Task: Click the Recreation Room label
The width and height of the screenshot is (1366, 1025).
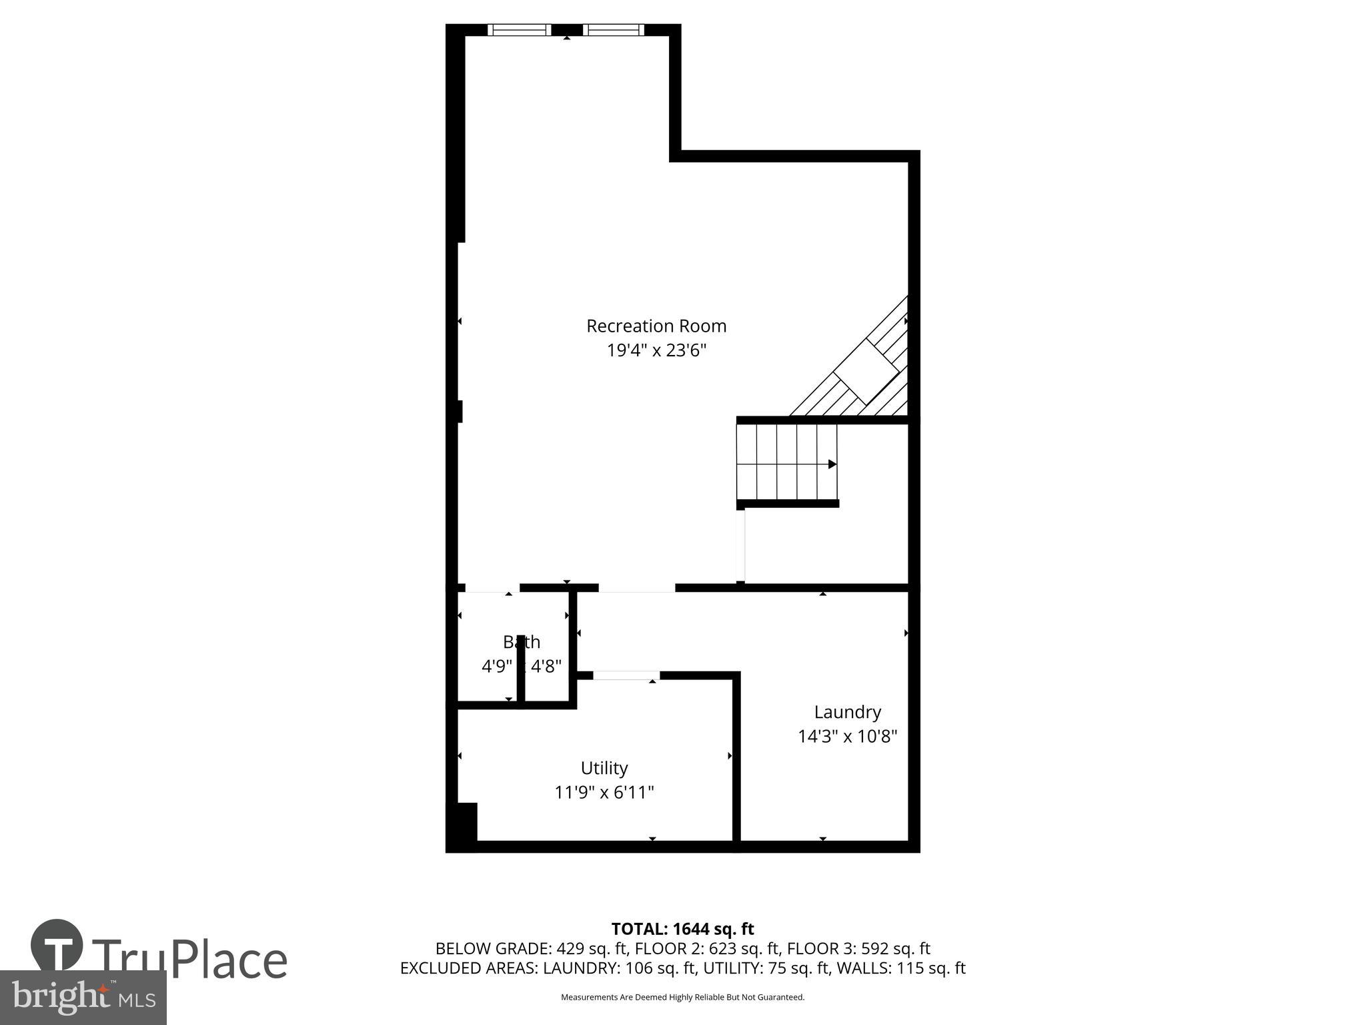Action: [656, 326]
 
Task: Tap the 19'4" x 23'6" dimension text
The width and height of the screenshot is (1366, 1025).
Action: [656, 350]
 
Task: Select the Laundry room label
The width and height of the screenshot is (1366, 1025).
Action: [847, 712]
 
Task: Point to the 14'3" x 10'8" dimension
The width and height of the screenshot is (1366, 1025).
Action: [847, 737]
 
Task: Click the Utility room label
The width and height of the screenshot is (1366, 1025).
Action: [604, 768]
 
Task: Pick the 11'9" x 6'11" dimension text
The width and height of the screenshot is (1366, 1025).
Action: [604, 793]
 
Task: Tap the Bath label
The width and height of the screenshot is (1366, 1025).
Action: [522, 642]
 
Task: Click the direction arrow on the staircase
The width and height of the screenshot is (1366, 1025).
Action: [832, 464]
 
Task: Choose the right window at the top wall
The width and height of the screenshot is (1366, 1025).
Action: [614, 29]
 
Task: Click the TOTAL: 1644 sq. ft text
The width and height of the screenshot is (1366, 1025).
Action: [682, 929]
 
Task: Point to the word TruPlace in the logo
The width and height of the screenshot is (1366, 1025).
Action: [190, 960]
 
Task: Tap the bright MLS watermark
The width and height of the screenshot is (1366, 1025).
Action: [83, 998]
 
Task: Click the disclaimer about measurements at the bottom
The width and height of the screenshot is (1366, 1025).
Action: [682, 997]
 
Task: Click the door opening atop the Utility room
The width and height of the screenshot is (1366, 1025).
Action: [626, 675]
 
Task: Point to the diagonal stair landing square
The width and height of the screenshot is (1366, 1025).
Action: [866, 372]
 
